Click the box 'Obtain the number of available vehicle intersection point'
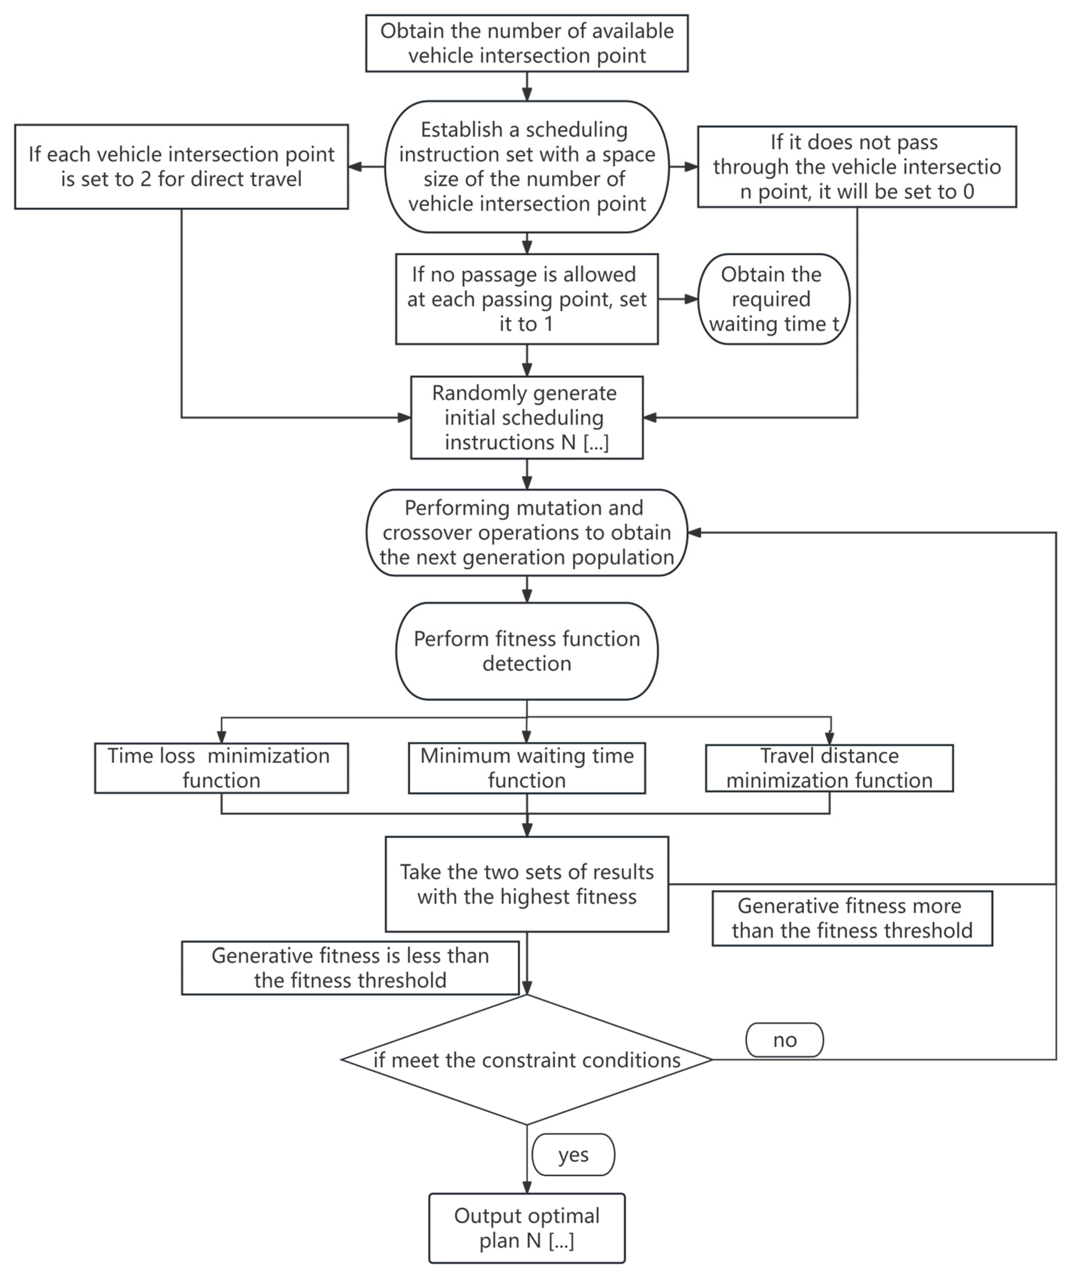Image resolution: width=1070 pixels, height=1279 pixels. click(527, 43)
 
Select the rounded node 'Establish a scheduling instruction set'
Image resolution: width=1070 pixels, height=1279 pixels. click(527, 166)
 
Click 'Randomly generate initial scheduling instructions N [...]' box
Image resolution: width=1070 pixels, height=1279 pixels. click(527, 417)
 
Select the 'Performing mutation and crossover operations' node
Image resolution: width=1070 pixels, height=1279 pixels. click(527, 532)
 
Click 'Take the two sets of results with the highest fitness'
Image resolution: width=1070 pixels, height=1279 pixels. click(527, 884)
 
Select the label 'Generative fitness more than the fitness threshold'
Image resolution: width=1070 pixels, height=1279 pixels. click(852, 918)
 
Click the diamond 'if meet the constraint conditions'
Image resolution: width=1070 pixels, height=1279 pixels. click(527, 1060)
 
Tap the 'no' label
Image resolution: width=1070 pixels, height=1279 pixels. click(785, 1040)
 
